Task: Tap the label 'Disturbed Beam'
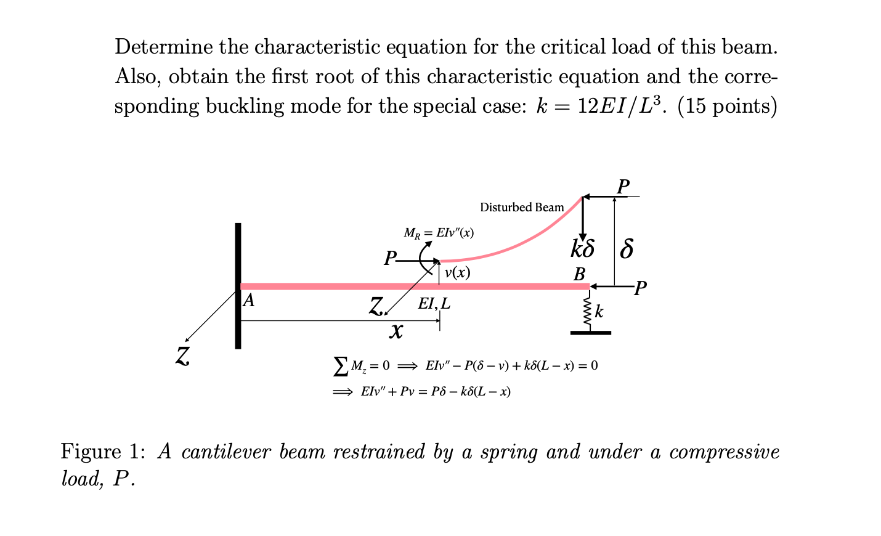point(522,208)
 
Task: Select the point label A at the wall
point(248,301)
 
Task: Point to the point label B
point(579,274)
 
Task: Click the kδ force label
point(582,249)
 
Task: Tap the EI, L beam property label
point(434,304)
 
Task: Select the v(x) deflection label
point(457,272)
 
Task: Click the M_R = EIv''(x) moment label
point(439,233)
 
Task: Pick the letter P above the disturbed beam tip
point(623,186)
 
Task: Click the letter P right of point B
point(641,288)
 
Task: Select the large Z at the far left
point(182,356)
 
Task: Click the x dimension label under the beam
point(396,332)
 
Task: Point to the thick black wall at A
point(238,286)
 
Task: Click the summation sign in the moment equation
point(340,367)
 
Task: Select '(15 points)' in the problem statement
point(727,107)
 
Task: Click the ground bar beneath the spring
point(590,333)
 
